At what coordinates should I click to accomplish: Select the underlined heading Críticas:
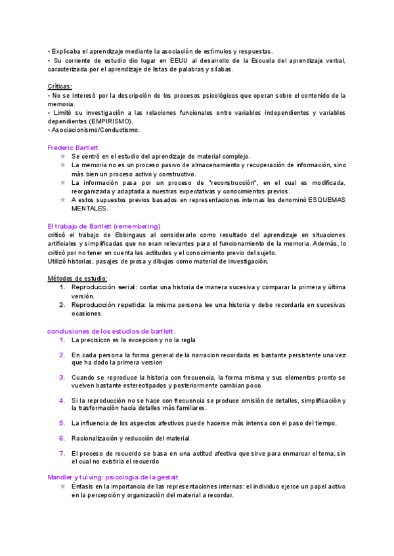click(60, 86)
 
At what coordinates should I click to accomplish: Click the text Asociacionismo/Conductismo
click(95, 130)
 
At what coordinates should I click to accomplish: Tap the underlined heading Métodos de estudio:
click(77, 278)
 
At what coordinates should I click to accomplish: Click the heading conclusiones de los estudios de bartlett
click(112, 330)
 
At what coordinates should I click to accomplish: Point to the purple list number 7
click(62, 452)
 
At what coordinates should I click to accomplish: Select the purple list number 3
click(62, 377)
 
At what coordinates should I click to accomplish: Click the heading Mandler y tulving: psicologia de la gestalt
click(113, 477)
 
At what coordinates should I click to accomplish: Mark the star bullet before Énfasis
click(62, 486)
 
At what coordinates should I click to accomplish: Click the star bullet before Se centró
click(62, 156)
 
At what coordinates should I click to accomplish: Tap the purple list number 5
click(62, 422)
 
